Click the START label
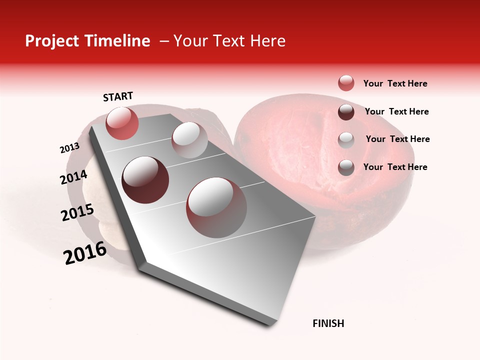[118, 96]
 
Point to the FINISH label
[328, 323]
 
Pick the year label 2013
[69, 148]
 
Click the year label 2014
[73, 177]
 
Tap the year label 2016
[85, 253]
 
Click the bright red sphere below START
[122, 123]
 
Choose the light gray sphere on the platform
[189, 140]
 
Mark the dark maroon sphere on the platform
[145, 179]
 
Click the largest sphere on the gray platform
[216, 207]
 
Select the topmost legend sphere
[346, 83]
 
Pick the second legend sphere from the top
[346, 111]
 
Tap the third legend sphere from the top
[346, 139]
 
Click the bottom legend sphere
[346, 167]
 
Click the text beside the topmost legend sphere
[395, 83]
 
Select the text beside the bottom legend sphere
[395, 167]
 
